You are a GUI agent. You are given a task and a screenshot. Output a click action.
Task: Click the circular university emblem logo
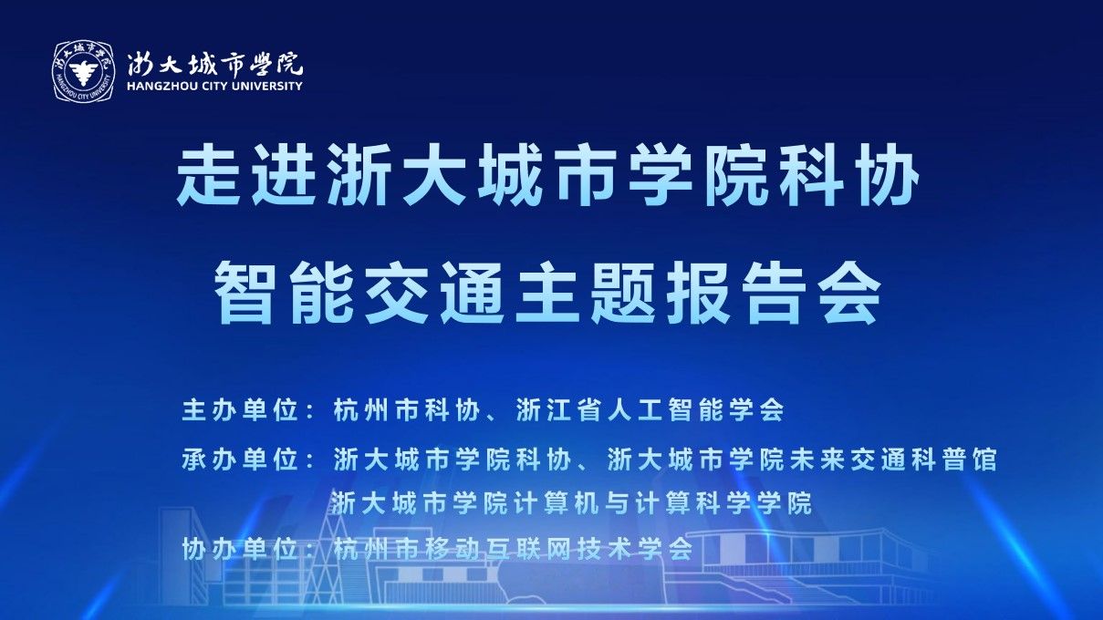click(84, 72)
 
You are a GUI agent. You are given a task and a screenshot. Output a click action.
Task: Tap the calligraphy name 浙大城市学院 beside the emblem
click(215, 64)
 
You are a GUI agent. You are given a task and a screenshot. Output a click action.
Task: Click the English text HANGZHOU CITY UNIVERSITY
click(214, 86)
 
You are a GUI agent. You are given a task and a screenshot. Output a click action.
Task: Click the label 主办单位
click(240, 410)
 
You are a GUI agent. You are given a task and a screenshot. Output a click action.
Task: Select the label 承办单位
click(240, 460)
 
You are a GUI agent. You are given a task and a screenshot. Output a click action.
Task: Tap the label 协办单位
click(240, 549)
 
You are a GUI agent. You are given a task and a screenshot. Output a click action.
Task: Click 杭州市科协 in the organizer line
click(407, 410)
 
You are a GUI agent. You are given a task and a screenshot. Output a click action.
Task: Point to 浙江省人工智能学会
click(650, 410)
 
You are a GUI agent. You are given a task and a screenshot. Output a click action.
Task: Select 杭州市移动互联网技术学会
click(514, 549)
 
